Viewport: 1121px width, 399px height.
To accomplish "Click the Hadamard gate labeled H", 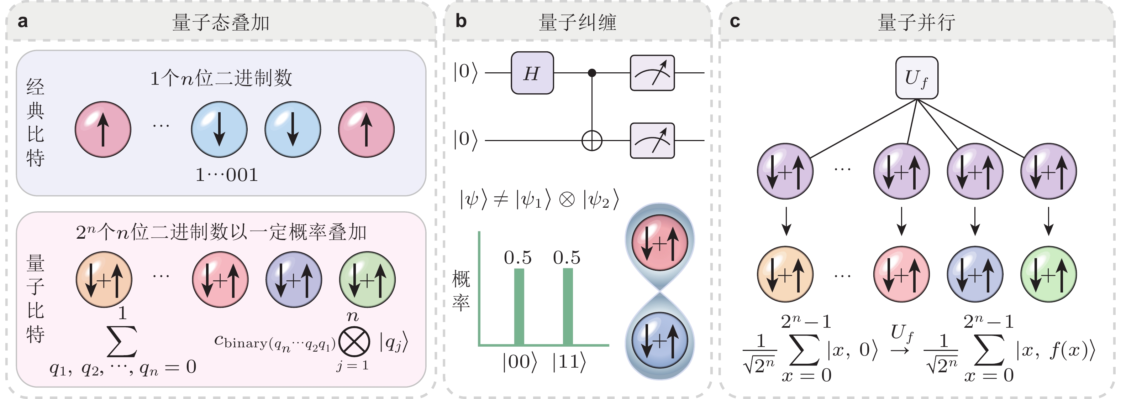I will click(x=532, y=73).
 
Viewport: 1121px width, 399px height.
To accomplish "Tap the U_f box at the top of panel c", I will click(x=916, y=78).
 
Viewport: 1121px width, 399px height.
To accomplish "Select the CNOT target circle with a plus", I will click(x=592, y=141).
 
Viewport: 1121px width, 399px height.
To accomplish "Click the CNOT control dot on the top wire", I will click(x=592, y=73).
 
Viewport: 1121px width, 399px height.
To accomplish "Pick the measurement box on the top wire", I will click(x=652, y=73).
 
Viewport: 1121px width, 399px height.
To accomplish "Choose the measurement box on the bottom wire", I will click(x=652, y=141).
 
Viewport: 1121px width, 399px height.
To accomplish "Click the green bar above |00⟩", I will click(x=519, y=307).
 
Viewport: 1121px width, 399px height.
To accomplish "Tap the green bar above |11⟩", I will click(x=568, y=307).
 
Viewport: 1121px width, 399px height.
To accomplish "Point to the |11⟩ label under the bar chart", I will click(x=569, y=362).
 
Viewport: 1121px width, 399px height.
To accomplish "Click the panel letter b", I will click(x=461, y=21).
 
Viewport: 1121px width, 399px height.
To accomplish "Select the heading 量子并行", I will click(x=916, y=22).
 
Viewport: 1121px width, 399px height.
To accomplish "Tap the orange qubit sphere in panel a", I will click(x=104, y=280).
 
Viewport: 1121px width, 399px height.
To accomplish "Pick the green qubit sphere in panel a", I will click(x=367, y=280).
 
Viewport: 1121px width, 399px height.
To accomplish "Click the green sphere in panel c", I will click(x=1048, y=274).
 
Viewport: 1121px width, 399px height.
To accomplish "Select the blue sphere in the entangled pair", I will click(x=660, y=340).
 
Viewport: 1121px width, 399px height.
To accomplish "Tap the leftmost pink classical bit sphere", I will click(x=103, y=129).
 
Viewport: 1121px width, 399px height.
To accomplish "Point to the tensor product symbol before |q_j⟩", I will click(x=354, y=342).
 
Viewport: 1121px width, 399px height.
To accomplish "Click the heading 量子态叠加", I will click(x=221, y=22).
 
